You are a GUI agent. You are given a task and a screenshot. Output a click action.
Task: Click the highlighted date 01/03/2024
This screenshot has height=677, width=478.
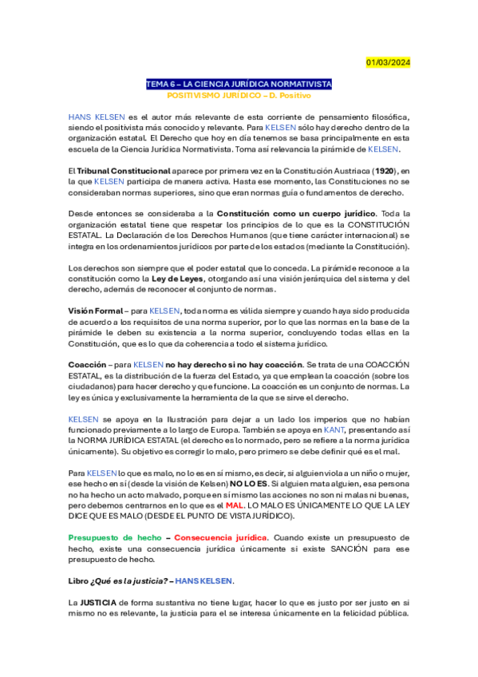tap(388, 62)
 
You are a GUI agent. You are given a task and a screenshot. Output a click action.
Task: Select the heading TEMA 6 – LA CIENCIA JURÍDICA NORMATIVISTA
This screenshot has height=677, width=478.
tap(239, 84)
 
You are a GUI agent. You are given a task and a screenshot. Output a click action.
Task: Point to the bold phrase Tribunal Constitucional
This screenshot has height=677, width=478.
tap(123, 171)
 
